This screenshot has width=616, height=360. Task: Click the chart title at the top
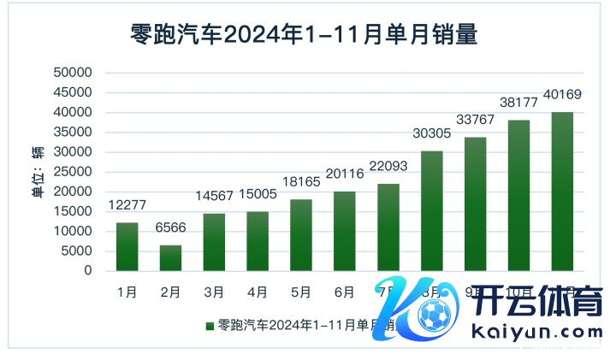pos(304,35)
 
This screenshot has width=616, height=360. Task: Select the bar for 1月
pos(127,246)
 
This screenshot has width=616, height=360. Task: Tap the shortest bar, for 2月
pos(170,257)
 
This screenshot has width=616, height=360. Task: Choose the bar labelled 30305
pos(431,210)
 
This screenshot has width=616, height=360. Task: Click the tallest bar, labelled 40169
pos(562,191)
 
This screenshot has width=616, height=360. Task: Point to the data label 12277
pos(127,206)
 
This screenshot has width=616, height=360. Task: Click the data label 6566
pos(170,228)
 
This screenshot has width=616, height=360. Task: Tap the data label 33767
pos(476,120)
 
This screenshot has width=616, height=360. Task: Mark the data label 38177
pos(519,103)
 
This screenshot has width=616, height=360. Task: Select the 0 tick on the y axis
pos(87,271)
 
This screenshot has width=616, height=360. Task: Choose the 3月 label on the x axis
pos(215,292)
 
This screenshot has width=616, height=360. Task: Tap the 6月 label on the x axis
pos(344,292)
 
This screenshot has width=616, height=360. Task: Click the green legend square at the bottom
pos(210,327)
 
